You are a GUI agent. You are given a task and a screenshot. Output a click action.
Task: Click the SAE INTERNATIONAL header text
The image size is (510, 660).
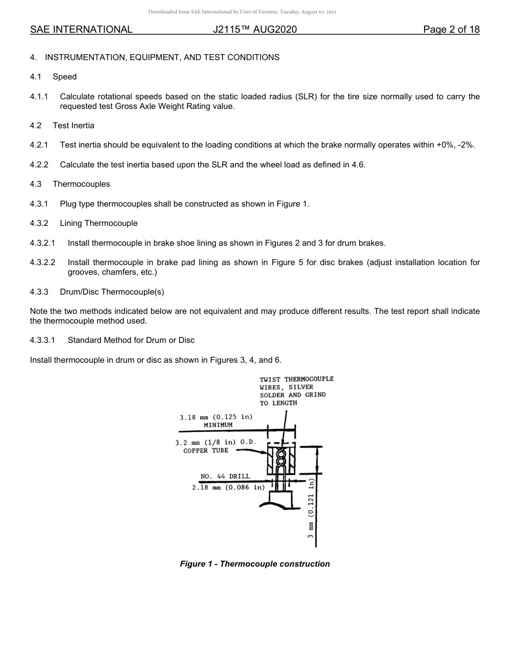[81, 30]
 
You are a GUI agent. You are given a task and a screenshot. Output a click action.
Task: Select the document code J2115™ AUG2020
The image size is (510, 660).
[255, 30]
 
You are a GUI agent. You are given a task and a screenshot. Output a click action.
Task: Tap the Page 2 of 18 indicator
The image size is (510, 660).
[451, 30]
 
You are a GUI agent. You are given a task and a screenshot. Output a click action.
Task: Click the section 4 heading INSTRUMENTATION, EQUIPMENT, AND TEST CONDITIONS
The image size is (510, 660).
[162, 57]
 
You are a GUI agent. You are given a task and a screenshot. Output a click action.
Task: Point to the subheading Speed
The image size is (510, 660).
[64, 77]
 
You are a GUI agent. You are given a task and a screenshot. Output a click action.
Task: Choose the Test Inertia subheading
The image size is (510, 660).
[74, 126]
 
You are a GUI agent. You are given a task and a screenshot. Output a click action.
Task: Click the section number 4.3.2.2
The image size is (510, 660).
[43, 262]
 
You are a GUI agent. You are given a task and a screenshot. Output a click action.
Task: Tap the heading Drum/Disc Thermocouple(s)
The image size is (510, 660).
[112, 292]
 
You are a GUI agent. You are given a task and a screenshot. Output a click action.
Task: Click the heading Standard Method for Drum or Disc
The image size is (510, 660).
[131, 340]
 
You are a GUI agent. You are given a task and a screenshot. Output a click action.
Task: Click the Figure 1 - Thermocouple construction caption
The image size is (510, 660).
[255, 564]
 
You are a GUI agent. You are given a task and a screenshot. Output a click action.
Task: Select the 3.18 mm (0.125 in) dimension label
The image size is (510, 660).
[216, 417]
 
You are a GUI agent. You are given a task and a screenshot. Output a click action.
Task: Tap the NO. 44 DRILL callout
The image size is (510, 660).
[225, 476]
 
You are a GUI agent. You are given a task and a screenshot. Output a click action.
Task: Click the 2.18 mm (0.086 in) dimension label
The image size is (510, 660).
[229, 487]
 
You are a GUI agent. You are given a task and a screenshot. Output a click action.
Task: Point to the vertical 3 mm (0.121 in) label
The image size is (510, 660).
[311, 512]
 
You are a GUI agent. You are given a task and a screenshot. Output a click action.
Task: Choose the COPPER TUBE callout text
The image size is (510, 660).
[206, 451]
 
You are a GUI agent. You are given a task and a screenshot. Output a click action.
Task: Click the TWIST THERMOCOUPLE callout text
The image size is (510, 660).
[297, 379]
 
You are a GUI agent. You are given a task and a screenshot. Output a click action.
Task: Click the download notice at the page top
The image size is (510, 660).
[242, 12]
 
